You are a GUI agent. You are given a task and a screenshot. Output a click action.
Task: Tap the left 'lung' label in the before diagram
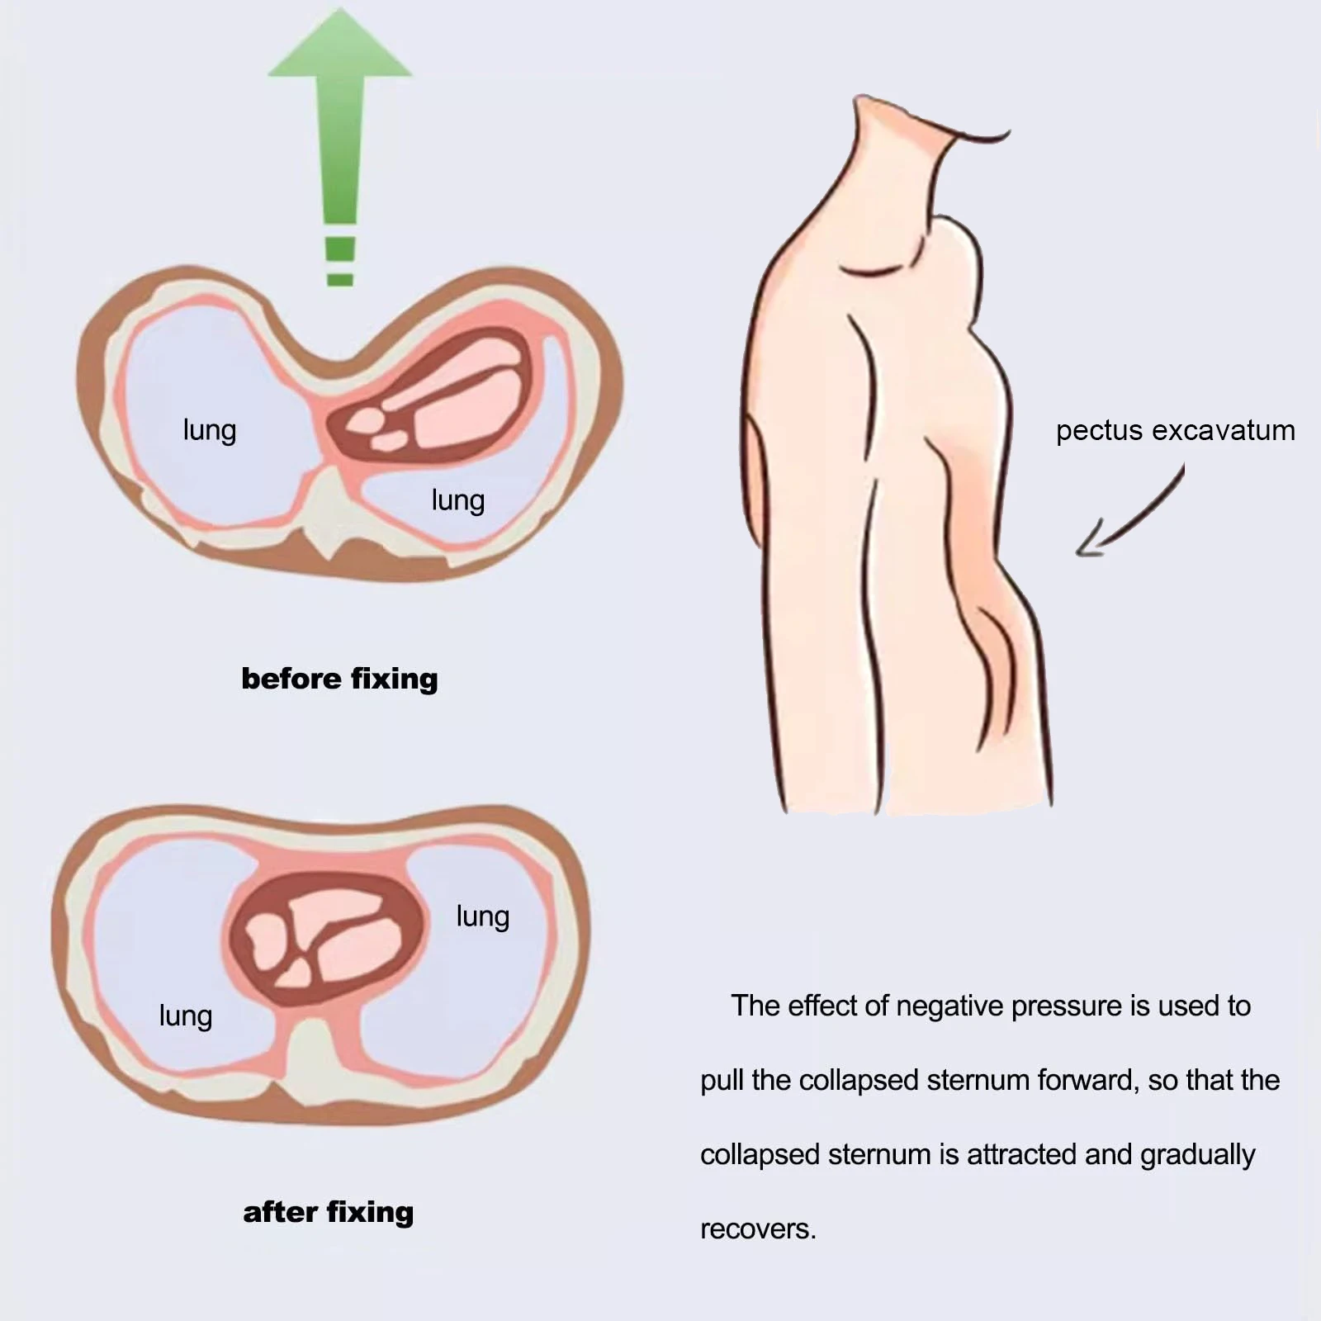click(x=210, y=431)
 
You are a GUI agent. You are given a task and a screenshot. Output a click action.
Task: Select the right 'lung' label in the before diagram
click(x=457, y=500)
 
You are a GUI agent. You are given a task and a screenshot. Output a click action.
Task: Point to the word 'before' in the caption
click(x=291, y=679)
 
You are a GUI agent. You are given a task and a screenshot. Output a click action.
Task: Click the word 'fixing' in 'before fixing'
click(x=394, y=679)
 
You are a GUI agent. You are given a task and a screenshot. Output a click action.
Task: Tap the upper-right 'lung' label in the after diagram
click(x=482, y=916)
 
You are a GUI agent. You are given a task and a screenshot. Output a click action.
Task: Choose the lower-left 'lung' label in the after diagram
click(x=186, y=1016)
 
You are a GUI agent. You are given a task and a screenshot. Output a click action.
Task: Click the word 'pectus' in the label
click(x=1099, y=431)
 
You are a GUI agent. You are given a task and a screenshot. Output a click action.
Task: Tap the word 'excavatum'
click(x=1223, y=431)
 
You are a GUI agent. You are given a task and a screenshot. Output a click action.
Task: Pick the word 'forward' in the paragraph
click(x=1087, y=1080)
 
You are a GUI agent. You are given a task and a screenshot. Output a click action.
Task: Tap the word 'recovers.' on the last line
click(x=758, y=1229)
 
